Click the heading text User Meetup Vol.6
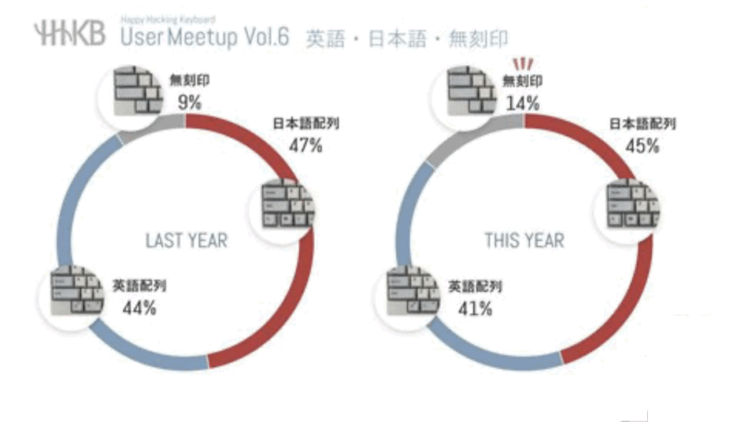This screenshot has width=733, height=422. pyautogui.click(x=205, y=36)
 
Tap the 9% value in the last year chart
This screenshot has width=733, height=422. pyautogui.click(x=189, y=102)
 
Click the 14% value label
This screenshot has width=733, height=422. pyautogui.click(x=523, y=102)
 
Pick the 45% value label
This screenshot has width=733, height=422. pyautogui.click(x=642, y=146)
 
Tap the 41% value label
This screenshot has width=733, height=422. pyautogui.click(x=475, y=308)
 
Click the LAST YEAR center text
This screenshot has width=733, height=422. pyautogui.click(x=186, y=240)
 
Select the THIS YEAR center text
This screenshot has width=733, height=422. pyautogui.click(x=524, y=240)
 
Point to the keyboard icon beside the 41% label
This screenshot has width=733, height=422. pyautogui.click(x=413, y=293)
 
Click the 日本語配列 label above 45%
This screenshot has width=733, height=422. pyautogui.click(x=642, y=124)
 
